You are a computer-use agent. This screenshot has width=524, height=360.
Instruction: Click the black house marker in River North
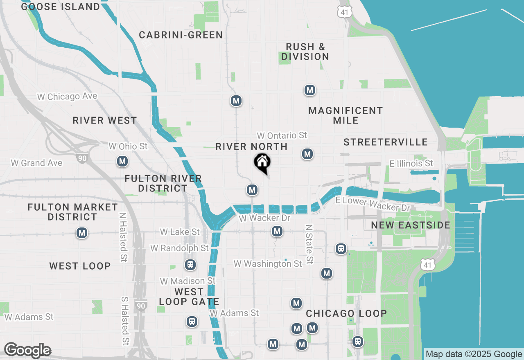tap(262, 162)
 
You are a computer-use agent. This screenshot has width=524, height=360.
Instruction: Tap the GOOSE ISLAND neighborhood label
tap(61, 7)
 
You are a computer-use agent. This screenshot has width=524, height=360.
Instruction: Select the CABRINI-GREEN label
tap(181, 35)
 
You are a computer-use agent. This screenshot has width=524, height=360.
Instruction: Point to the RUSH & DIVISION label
tap(305, 52)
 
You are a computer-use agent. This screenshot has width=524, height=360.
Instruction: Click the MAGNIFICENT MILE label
tap(346, 115)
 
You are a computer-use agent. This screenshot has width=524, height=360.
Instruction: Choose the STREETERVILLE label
tap(386, 142)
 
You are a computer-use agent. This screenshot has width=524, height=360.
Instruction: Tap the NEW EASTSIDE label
tap(411, 225)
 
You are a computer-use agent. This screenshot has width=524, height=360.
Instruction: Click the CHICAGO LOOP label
tap(346, 313)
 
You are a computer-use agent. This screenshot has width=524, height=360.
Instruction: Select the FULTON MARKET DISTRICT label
tap(73, 212)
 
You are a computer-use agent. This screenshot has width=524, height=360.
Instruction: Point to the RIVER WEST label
tap(105, 120)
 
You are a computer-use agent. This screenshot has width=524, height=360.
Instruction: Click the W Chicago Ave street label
tap(67, 97)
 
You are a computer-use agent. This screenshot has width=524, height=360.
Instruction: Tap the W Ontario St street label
tap(282, 135)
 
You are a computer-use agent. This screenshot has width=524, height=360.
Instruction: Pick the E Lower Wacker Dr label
tap(373, 204)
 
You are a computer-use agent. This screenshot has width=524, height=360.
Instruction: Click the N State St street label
tap(309, 244)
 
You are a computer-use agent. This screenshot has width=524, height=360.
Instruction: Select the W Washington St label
tap(268, 264)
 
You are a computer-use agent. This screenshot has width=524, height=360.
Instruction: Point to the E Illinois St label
tap(411, 164)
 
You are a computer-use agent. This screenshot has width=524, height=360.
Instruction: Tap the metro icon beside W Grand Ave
tap(122, 162)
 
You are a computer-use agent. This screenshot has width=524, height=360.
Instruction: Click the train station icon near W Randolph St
tap(190, 264)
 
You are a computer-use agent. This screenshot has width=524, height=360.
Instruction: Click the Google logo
tap(27, 351)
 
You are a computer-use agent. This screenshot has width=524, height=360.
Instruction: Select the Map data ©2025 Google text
tap(474, 354)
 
